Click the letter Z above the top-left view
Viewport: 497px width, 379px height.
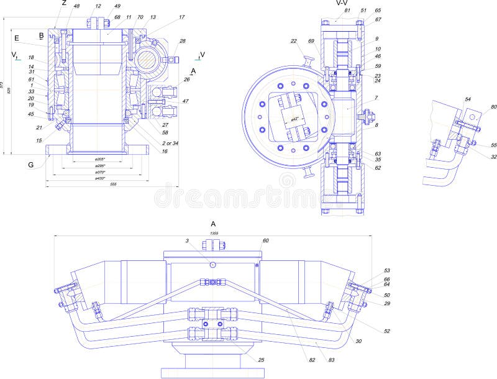click(63, 3)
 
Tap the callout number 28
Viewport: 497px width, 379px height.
click(183, 41)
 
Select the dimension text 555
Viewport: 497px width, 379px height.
click(113, 185)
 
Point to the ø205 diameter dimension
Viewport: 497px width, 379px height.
click(99, 159)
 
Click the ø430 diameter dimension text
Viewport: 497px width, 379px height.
click(99, 178)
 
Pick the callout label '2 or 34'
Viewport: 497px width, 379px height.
click(170, 143)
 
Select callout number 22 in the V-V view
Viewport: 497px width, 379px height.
click(293, 42)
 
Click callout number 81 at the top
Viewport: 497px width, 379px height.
click(347, 11)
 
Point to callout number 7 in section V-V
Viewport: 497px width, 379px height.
click(376, 99)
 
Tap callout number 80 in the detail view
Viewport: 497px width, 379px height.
click(494, 107)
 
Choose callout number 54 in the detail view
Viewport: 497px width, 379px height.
click(468, 99)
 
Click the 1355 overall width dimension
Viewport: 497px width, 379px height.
click(214, 233)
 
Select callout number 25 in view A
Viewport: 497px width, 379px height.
click(261, 360)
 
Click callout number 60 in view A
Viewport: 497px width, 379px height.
click(265, 240)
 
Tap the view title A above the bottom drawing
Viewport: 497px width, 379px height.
click(213, 224)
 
